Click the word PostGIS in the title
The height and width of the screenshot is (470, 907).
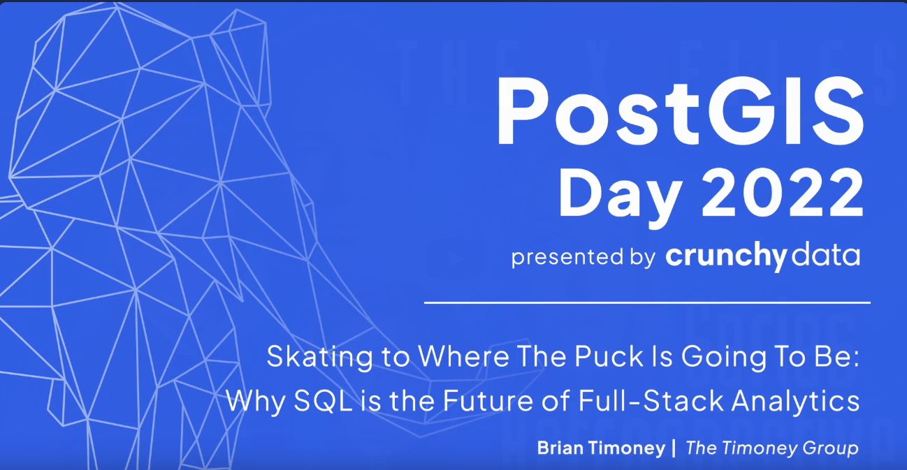click(x=681, y=111)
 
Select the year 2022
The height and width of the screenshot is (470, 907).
click(x=783, y=193)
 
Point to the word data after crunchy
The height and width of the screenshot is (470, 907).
click(x=826, y=255)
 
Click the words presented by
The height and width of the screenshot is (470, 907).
click(x=583, y=257)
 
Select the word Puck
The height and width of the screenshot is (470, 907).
click(x=609, y=356)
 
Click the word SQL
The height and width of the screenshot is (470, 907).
click(x=323, y=401)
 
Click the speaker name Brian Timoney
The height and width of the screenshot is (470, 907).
click(x=602, y=448)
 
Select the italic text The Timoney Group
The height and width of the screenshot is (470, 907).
click(x=772, y=448)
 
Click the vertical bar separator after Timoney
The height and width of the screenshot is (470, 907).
click(x=674, y=448)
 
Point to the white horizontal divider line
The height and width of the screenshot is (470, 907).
click(x=648, y=302)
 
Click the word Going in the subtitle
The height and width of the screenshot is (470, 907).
click(x=724, y=357)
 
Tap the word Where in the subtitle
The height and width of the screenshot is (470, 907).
click(x=463, y=356)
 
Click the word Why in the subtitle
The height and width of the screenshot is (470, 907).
click(x=256, y=401)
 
